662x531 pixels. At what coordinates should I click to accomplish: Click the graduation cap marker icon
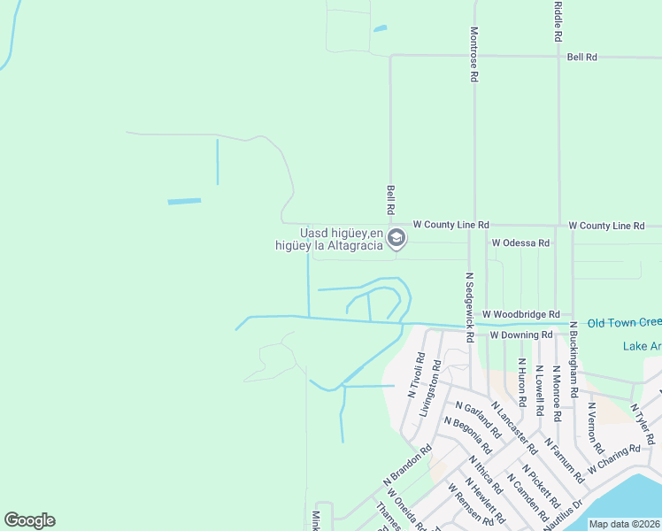click(x=396, y=238)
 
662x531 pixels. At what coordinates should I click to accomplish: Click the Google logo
click(x=29, y=520)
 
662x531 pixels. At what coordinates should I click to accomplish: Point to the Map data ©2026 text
click(x=624, y=524)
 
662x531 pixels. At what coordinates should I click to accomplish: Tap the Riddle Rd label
click(x=558, y=22)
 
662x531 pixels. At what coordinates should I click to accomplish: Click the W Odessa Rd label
click(x=520, y=242)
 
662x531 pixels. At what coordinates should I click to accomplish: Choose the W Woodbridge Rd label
click(x=520, y=314)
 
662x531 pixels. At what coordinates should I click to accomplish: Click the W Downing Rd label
click(x=520, y=335)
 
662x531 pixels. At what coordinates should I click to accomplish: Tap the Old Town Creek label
click(x=624, y=323)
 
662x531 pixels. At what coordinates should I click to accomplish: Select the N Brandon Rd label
click(x=407, y=463)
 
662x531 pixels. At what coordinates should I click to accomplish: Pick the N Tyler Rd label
click(x=642, y=425)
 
